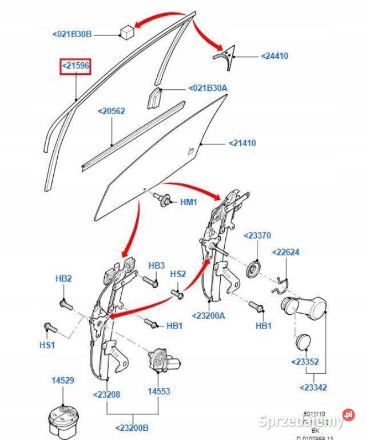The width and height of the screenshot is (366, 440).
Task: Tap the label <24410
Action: point(274,56)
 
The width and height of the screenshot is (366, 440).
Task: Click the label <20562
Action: point(111,111)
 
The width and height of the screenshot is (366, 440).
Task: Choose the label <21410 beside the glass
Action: point(242,143)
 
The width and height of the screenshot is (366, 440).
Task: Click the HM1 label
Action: point(189,202)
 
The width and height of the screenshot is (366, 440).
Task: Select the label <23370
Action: point(257,235)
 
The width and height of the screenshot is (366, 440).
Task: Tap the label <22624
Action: point(285,252)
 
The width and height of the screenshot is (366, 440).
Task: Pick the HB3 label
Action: point(157,266)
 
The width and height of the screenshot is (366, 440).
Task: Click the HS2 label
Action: point(178,274)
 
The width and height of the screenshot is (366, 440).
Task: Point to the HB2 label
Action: point(63,278)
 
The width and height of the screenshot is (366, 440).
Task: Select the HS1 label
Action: point(47,346)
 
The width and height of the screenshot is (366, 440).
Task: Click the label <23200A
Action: point(209,315)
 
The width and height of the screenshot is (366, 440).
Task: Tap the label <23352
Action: point(305,361)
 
